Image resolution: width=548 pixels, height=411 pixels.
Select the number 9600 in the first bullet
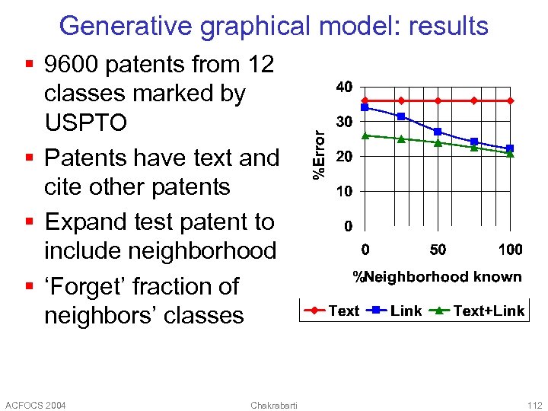pyautogui.click(x=73, y=65)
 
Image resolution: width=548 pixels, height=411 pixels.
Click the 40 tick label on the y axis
pyautogui.click(x=344, y=87)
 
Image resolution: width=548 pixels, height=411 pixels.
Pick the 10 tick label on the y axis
pyautogui.click(x=344, y=191)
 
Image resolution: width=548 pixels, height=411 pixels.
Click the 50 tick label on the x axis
pyautogui.click(x=438, y=250)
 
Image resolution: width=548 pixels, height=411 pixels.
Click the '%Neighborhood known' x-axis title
pyautogui.click(x=438, y=277)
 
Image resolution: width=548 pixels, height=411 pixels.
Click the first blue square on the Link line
pyautogui.click(x=365, y=107)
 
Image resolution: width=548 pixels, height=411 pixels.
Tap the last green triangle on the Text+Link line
pyautogui.click(x=510, y=154)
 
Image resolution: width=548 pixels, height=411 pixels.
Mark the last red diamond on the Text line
pyautogui.click(x=510, y=100)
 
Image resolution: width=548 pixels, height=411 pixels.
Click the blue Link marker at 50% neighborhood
pyautogui.click(x=438, y=132)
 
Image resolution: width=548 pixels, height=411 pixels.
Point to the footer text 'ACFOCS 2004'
pyautogui.click(x=35, y=404)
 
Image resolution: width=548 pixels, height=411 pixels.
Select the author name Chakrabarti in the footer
pyautogui.click(x=274, y=404)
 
